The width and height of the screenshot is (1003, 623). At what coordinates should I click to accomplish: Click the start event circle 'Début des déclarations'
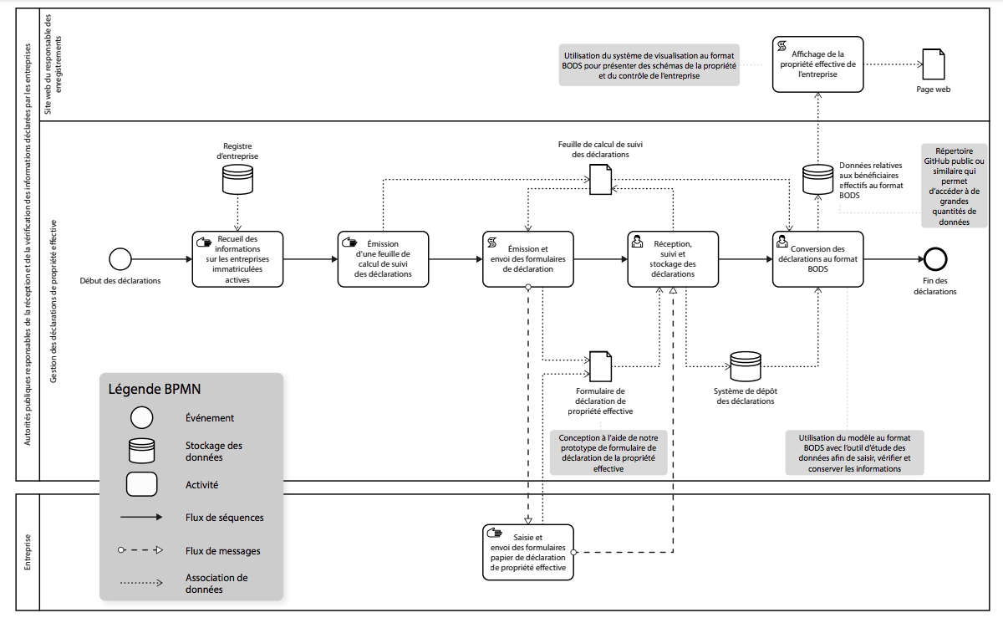121,259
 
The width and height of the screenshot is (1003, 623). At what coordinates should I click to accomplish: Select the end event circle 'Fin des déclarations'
934,259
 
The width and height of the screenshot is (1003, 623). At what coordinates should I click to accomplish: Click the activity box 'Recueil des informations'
238,259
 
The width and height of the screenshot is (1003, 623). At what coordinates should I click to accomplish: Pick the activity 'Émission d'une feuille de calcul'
384,259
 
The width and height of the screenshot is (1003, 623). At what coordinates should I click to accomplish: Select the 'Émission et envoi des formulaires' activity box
528,259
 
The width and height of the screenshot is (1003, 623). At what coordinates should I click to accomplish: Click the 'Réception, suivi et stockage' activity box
673,259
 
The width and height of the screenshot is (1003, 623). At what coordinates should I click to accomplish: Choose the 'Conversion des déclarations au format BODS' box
817,259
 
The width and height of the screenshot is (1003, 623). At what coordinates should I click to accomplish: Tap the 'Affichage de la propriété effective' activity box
817,64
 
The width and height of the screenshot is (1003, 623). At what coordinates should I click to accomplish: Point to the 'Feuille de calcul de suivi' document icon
600,179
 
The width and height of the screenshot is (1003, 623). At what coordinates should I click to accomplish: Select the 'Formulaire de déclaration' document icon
600,365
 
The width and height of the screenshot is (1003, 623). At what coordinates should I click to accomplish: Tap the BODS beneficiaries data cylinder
817,179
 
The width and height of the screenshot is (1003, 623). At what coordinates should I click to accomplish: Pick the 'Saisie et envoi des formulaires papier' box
528,552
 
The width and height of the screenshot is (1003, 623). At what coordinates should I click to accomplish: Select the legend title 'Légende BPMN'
155,389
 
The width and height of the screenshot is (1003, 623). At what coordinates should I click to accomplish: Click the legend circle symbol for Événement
141,417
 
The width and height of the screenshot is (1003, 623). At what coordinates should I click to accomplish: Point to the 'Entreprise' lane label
28,552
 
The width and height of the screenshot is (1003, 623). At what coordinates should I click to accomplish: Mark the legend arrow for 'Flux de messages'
141,550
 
